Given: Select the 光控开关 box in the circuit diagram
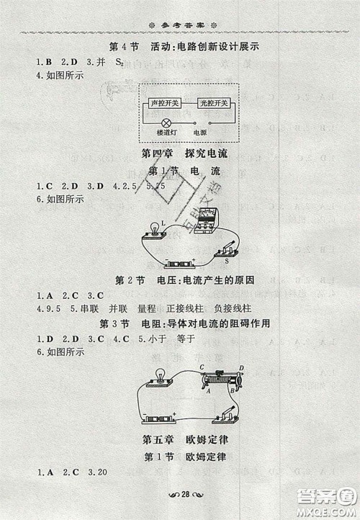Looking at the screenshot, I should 210,104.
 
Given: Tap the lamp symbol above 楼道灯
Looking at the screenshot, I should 165,122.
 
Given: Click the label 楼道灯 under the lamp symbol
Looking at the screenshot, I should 165,133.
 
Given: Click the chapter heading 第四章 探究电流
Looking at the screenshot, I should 179,153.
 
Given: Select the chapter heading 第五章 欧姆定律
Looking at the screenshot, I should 179,439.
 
